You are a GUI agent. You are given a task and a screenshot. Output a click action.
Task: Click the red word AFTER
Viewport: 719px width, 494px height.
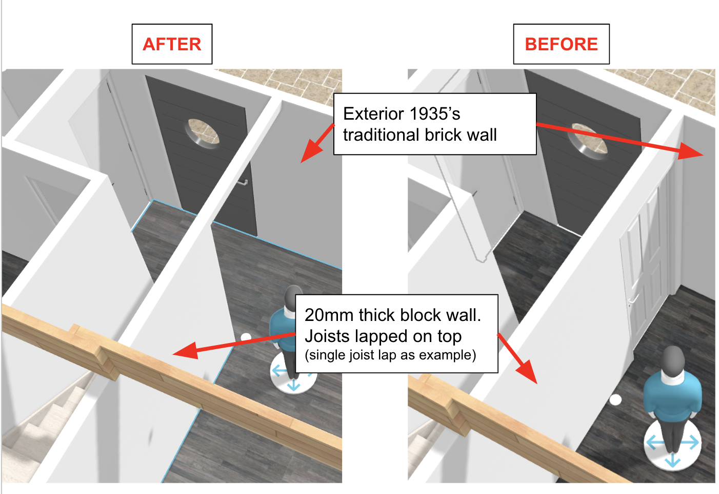click(172, 44)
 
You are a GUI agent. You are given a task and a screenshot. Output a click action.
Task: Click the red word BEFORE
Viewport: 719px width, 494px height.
click(562, 44)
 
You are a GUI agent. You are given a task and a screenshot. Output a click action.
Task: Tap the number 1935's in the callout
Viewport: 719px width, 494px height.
click(435, 113)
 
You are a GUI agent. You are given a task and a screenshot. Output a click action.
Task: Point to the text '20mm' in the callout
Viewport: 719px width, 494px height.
click(329, 315)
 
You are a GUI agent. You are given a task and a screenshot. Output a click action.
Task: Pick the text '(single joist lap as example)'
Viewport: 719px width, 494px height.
click(390, 355)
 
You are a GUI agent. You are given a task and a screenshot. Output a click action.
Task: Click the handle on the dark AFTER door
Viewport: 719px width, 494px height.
click(243, 183)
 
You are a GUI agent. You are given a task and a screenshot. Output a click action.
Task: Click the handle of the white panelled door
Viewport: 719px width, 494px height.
click(634, 300)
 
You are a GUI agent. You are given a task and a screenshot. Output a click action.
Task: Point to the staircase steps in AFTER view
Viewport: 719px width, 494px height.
click(45, 427)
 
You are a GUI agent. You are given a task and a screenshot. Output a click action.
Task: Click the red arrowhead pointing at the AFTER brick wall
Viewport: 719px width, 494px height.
click(312, 151)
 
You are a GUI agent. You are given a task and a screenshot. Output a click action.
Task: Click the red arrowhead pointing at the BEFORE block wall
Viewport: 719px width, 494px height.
click(527, 372)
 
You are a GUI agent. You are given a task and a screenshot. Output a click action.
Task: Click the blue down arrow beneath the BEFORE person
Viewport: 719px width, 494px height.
click(672, 462)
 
